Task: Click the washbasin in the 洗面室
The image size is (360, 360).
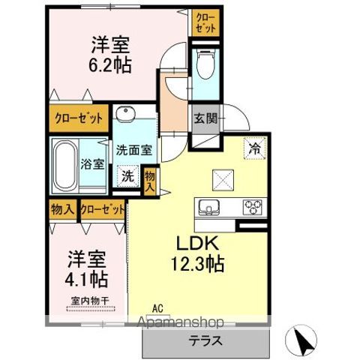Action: [125, 115]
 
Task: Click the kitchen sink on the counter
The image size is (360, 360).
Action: [207, 205]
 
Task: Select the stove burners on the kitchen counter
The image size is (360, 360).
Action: [251, 205]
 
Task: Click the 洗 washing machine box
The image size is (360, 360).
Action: [127, 177]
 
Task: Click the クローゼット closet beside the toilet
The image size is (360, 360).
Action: [205, 21]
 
